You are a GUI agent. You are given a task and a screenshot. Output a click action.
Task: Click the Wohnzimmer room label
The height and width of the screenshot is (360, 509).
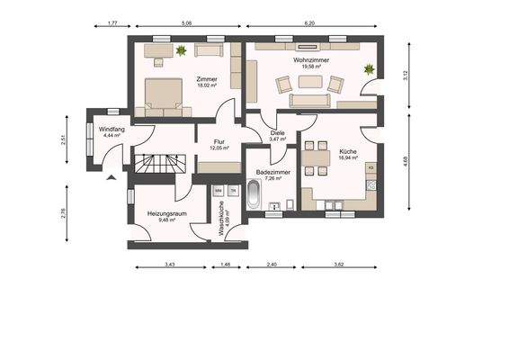click(x=309, y=59)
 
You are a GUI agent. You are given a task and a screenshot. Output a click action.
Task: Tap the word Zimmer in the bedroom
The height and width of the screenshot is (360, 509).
click(x=207, y=79)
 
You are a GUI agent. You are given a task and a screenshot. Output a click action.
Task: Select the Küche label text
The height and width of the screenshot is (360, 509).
click(x=348, y=152)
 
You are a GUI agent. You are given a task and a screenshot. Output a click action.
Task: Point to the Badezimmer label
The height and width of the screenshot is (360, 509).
click(x=270, y=170)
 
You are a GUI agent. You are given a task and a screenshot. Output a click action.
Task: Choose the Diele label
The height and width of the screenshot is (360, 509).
click(x=278, y=133)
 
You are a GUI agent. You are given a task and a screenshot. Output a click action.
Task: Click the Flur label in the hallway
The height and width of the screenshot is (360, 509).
click(x=218, y=141)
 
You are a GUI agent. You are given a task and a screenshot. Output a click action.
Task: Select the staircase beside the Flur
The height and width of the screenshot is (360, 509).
click(x=159, y=163)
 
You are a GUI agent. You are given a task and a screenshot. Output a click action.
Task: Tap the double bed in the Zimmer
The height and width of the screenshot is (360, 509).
click(x=166, y=95)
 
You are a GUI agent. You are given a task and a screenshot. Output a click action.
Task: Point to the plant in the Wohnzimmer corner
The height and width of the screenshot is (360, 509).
click(x=367, y=69)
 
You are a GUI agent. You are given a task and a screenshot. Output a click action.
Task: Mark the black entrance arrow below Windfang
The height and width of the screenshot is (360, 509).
click(x=111, y=177)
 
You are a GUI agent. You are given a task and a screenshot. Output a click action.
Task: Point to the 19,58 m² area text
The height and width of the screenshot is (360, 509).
click(x=309, y=67)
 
